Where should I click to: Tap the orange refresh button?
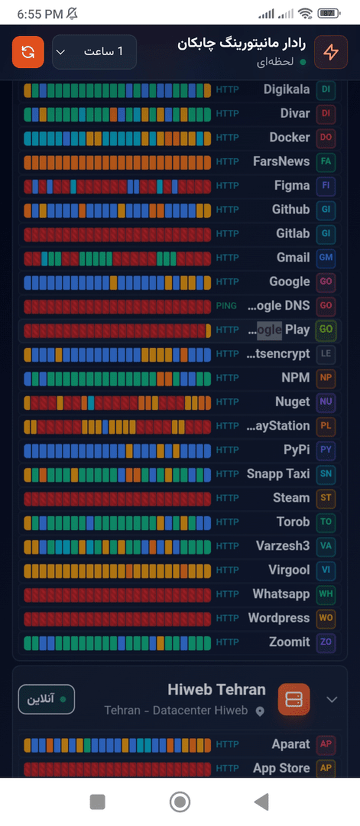[x=28, y=52]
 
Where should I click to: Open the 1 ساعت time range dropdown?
[x=94, y=52]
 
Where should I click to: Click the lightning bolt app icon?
[x=331, y=52]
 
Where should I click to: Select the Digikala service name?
[x=286, y=89]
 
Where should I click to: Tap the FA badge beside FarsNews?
[x=326, y=161]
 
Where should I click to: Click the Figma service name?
[x=292, y=185]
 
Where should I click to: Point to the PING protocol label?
[x=226, y=306]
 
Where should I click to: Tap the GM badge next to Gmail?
[x=326, y=258]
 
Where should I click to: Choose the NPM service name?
[x=296, y=378]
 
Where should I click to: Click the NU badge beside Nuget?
[x=326, y=402]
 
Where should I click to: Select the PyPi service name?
[x=296, y=450]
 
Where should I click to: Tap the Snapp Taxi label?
[x=278, y=474]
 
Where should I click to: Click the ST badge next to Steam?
[x=326, y=498]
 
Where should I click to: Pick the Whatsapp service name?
[x=281, y=594]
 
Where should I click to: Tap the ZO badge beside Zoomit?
[x=326, y=642]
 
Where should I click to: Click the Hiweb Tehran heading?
[x=217, y=690]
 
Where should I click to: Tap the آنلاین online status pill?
[x=46, y=699]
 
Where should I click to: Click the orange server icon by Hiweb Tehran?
[x=293, y=699]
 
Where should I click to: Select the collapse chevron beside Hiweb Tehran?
[x=332, y=699]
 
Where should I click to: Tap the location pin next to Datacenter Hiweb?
[x=260, y=711]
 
